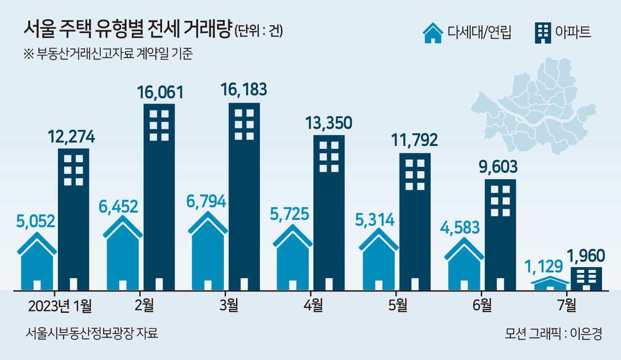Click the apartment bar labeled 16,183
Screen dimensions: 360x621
(x=244, y=195)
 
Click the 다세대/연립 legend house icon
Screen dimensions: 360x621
(x=433, y=33)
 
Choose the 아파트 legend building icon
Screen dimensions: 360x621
(x=542, y=33)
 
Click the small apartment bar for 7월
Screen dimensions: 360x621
(x=586, y=279)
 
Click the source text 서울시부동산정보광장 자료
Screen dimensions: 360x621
(x=92, y=334)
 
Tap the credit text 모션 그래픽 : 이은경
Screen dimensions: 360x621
(x=553, y=334)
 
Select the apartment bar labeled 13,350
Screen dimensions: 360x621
(x=329, y=212)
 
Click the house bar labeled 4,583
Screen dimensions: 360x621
(x=464, y=265)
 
